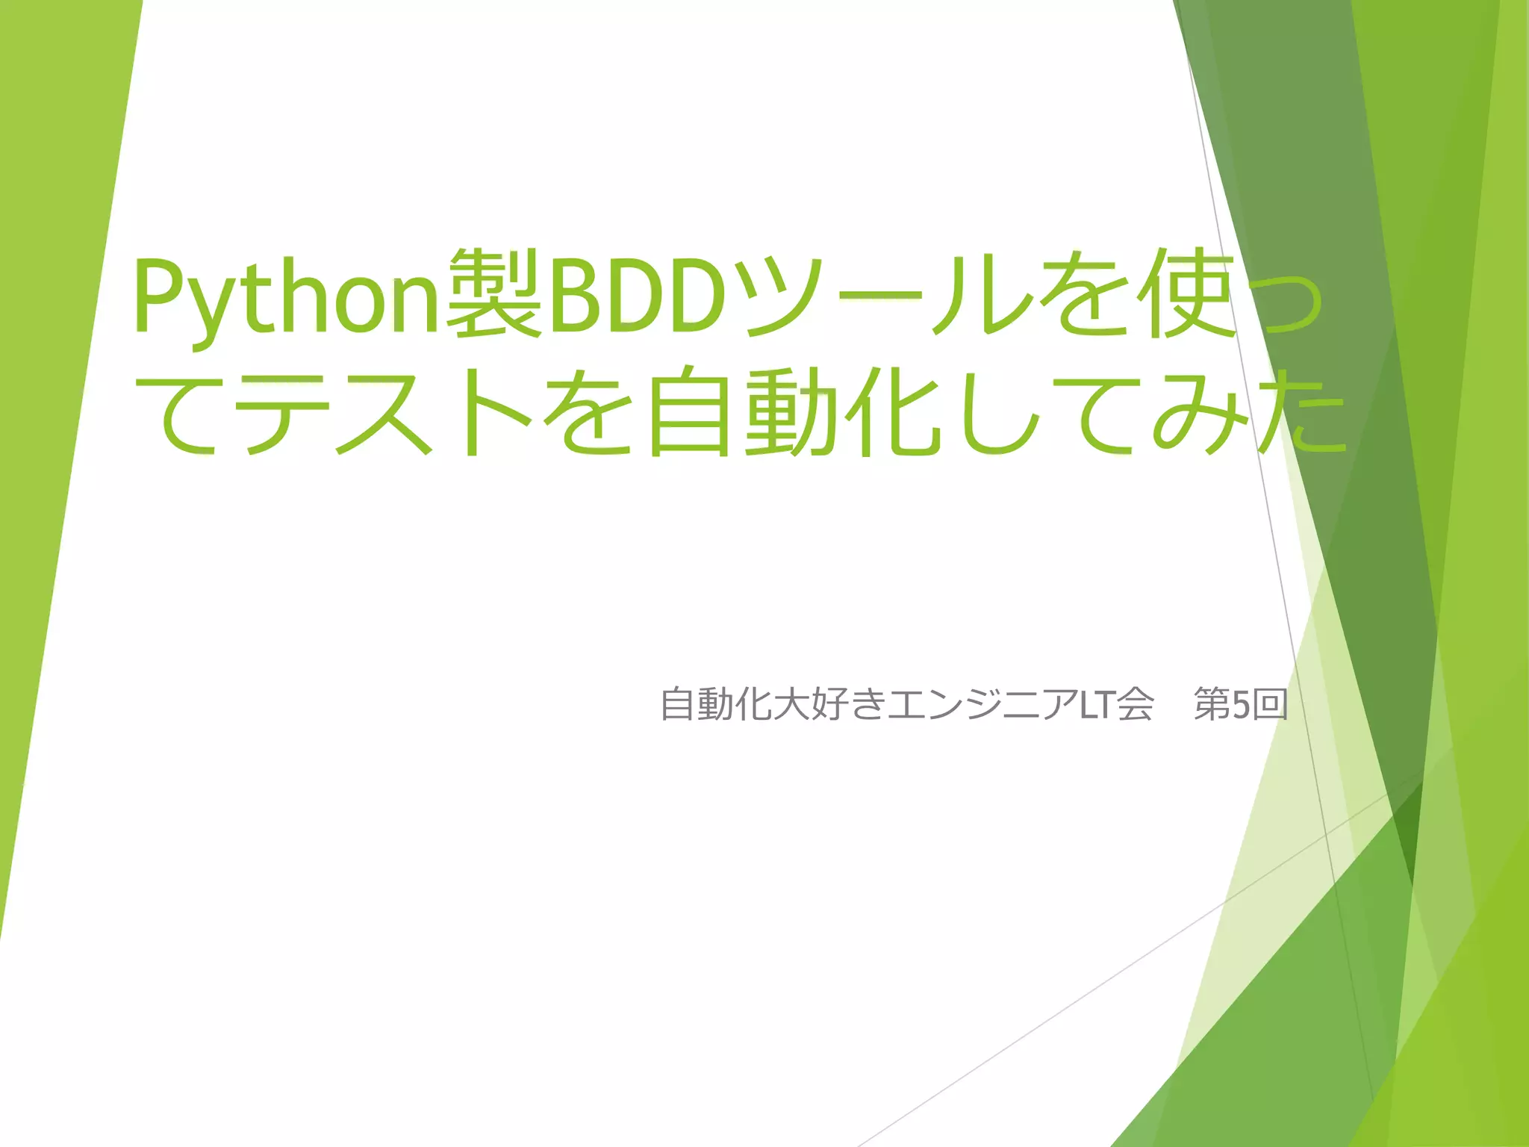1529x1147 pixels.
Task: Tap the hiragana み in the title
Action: pos(1199,413)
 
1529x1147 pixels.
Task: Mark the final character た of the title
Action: pos(1303,413)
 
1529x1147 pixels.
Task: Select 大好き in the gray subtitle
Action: pos(829,704)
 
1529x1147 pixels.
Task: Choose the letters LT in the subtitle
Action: pos(1095,704)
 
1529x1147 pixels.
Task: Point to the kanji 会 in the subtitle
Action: pos(1136,704)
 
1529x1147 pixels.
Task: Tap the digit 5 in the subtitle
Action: pos(1241,704)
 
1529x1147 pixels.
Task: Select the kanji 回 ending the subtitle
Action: pos(1270,704)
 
